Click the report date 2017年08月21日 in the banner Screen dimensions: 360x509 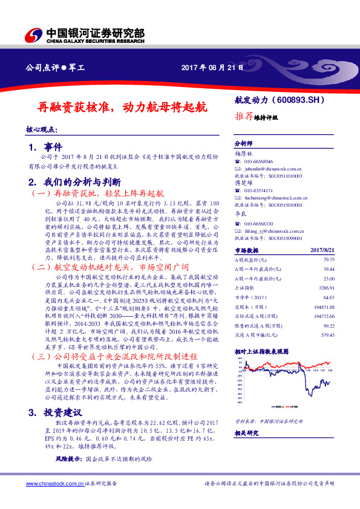point(212,68)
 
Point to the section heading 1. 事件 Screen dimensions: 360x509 point(45,147)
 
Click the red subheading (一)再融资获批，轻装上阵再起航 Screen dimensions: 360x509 point(97,194)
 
